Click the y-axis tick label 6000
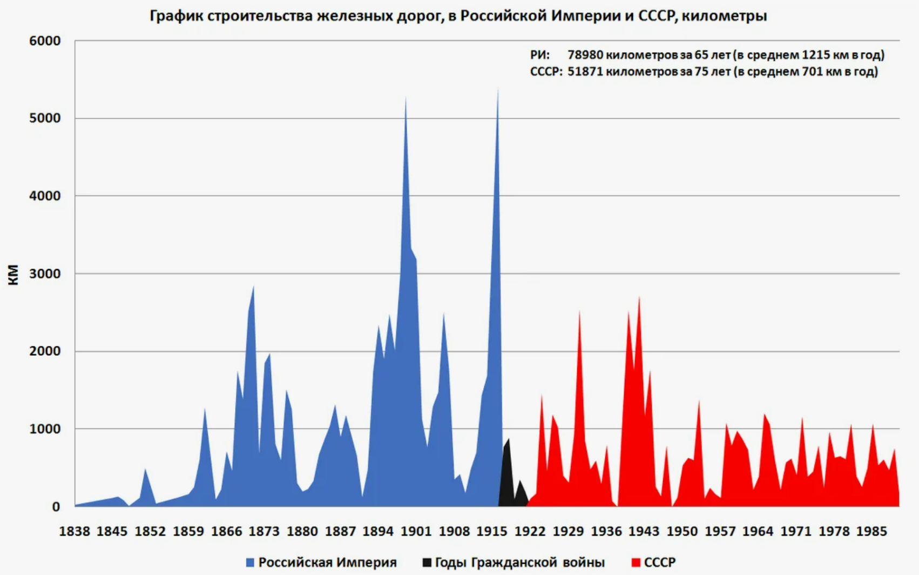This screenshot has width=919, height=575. click(45, 41)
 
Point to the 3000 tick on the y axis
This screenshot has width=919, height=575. click(45, 273)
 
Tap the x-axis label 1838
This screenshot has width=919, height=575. click(75, 531)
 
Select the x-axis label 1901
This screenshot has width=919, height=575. click(416, 531)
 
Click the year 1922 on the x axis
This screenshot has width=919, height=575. click(530, 531)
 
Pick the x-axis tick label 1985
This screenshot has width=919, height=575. click(871, 531)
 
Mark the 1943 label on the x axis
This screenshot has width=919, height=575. click(644, 531)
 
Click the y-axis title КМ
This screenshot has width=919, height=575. click(13, 275)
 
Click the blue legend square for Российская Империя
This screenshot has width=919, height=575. click(250, 563)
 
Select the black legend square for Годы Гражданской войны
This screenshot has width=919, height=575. click(427, 562)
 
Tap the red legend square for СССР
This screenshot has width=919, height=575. click(636, 563)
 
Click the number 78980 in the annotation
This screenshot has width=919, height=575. click(585, 55)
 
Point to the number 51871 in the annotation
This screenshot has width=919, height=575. click(585, 72)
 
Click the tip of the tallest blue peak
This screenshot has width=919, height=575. click(498, 88)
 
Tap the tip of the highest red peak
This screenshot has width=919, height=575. click(639, 297)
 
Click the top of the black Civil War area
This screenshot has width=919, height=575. click(509, 439)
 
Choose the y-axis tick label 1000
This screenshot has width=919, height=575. click(45, 429)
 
